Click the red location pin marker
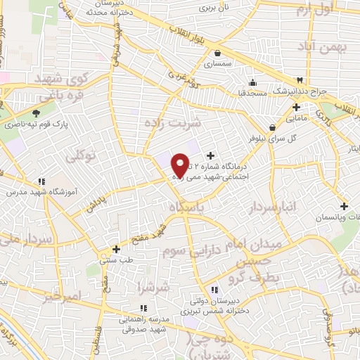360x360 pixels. point(181,165)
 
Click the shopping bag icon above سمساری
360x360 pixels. point(217,52)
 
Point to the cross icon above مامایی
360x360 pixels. point(297,108)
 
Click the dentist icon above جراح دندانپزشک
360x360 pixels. point(300,79)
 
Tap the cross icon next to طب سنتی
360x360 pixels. point(117,249)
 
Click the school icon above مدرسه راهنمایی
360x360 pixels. point(143,307)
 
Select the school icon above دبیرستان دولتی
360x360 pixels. point(216,289)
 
